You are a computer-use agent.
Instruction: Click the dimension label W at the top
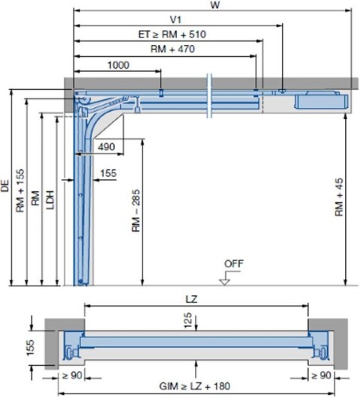[x=214, y=5]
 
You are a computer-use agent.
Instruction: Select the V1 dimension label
[x=176, y=19]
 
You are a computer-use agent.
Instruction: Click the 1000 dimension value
[x=118, y=65]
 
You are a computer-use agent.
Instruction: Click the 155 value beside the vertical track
[x=108, y=173]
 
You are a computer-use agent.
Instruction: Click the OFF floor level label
[x=233, y=263]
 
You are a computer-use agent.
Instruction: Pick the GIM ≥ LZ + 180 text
[x=195, y=388]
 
